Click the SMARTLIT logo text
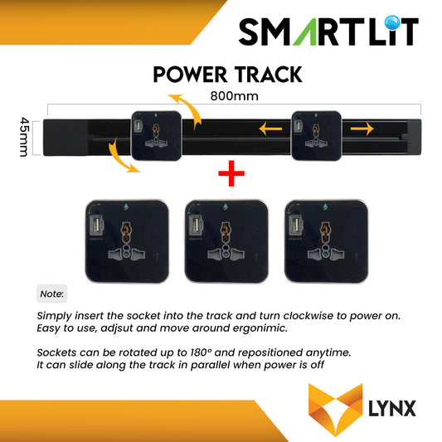[x=328, y=32]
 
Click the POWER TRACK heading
[x=226, y=75]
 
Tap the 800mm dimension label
[x=233, y=95]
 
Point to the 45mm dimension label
[x=25, y=134]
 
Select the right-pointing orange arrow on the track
[x=362, y=129]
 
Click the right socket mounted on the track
[x=315, y=134]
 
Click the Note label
[x=52, y=294]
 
